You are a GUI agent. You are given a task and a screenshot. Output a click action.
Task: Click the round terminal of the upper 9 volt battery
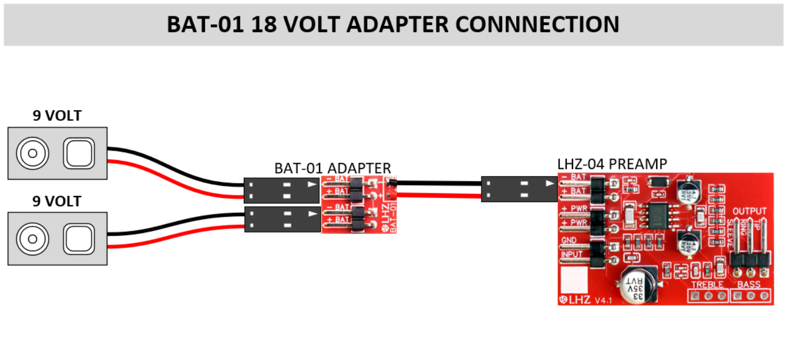click(x=32, y=153)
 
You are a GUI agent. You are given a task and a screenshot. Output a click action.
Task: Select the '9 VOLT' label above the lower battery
click(x=57, y=201)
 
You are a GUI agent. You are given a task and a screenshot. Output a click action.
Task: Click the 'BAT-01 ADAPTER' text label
click(x=332, y=168)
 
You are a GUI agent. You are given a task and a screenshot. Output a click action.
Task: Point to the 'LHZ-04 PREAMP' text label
click(x=612, y=164)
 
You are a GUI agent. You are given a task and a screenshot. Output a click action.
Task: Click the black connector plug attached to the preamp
click(x=518, y=189)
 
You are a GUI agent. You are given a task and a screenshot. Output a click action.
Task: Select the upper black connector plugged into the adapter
click(x=281, y=190)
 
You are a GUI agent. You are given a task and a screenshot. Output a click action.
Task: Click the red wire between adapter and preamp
click(x=438, y=195)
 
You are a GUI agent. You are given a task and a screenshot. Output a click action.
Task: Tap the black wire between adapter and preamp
click(x=438, y=183)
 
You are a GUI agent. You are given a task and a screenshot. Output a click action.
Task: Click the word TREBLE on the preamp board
click(x=707, y=285)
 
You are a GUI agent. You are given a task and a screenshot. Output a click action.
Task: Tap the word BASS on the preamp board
click(x=749, y=285)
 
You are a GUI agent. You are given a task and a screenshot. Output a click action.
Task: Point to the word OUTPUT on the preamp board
click(x=749, y=211)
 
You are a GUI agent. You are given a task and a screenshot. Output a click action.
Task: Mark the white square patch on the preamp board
click(x=573, y=277)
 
